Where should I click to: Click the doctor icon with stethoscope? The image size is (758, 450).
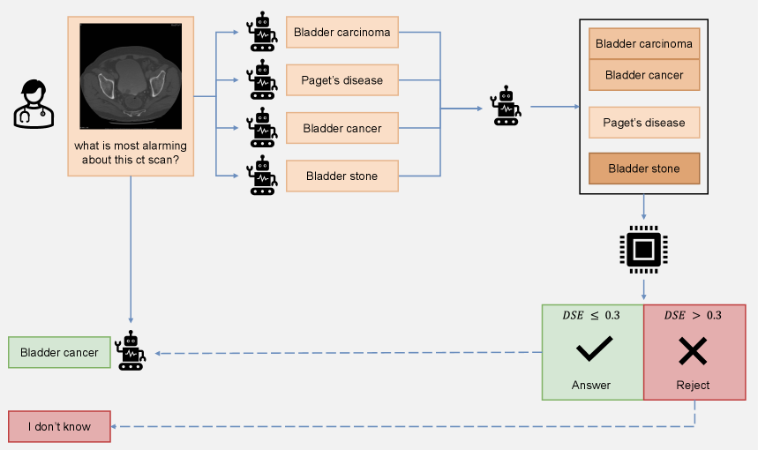click(32, 104)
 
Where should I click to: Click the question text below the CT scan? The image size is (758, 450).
click(131, 153)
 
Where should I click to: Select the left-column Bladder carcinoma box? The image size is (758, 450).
click(342, 33)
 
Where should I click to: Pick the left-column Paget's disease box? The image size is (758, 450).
click(342, 80)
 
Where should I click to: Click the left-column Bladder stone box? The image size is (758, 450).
click(342, 176)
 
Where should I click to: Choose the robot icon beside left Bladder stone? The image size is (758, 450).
click(261, 176)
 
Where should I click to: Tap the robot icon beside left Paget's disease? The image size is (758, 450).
click(261, 80)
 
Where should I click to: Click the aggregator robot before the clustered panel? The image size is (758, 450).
click(506, 106)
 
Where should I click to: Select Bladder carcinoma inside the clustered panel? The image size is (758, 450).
click(643, 43)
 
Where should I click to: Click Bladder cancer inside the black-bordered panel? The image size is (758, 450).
click(643, 75)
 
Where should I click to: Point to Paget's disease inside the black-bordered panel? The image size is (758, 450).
click(643, 123)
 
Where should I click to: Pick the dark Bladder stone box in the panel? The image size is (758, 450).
click(643, 169)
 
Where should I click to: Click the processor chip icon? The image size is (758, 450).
click(643, 251)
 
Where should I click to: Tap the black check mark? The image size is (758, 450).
click(593, 350)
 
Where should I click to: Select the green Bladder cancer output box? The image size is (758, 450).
click(59, 352)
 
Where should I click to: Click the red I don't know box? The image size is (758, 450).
click(59, 426)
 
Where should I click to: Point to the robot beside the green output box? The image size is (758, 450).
click(131, 350)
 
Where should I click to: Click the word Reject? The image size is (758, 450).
click(693, 386)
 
